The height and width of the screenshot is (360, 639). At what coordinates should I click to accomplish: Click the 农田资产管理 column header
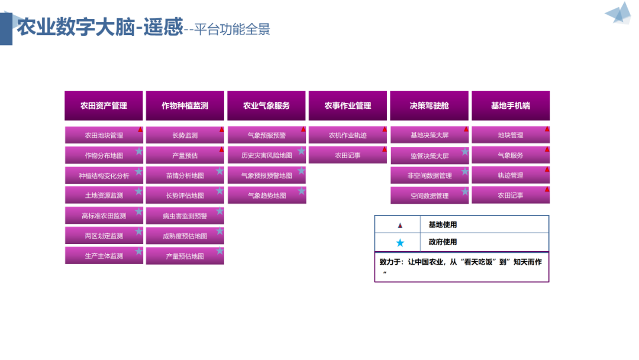(x=104, y=106)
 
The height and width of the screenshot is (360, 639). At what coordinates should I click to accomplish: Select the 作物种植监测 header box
(x=185, y=106)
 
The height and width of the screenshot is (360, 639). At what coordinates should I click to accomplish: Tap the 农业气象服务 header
(x=266, y=106)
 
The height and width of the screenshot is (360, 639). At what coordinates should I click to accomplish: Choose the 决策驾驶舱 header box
(x=429, y=106)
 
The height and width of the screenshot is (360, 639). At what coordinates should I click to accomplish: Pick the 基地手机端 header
(x=510, y=106)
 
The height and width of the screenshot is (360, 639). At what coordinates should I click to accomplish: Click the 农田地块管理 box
(x=104, y=136)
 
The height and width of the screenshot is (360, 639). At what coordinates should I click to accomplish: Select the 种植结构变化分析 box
(x=104, y=176)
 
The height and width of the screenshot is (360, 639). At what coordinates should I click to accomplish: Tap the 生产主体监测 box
(x=104, y=256)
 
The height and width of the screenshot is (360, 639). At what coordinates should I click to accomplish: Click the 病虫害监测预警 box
(x=185, y=216)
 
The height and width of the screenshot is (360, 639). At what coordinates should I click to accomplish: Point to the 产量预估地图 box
(x=185, y=256)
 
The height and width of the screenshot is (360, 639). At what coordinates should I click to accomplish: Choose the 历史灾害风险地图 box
(x=266, y=156)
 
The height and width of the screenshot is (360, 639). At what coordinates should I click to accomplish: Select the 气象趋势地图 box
(x=266, y=195)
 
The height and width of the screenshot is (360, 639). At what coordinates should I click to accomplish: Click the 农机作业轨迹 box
(x=347, y=136)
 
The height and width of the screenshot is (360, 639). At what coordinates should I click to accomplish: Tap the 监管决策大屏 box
(x=429, y=156)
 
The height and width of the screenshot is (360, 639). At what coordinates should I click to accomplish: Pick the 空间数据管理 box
(x=429, y=196)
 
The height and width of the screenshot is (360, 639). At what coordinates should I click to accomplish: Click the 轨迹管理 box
(x=510, y=175)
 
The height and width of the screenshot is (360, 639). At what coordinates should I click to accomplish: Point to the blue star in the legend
(x=401, y=243)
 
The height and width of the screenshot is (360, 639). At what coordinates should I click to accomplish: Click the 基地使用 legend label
(x=443, y=225)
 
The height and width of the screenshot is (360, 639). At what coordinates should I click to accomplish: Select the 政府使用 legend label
(x=443, y=242)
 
